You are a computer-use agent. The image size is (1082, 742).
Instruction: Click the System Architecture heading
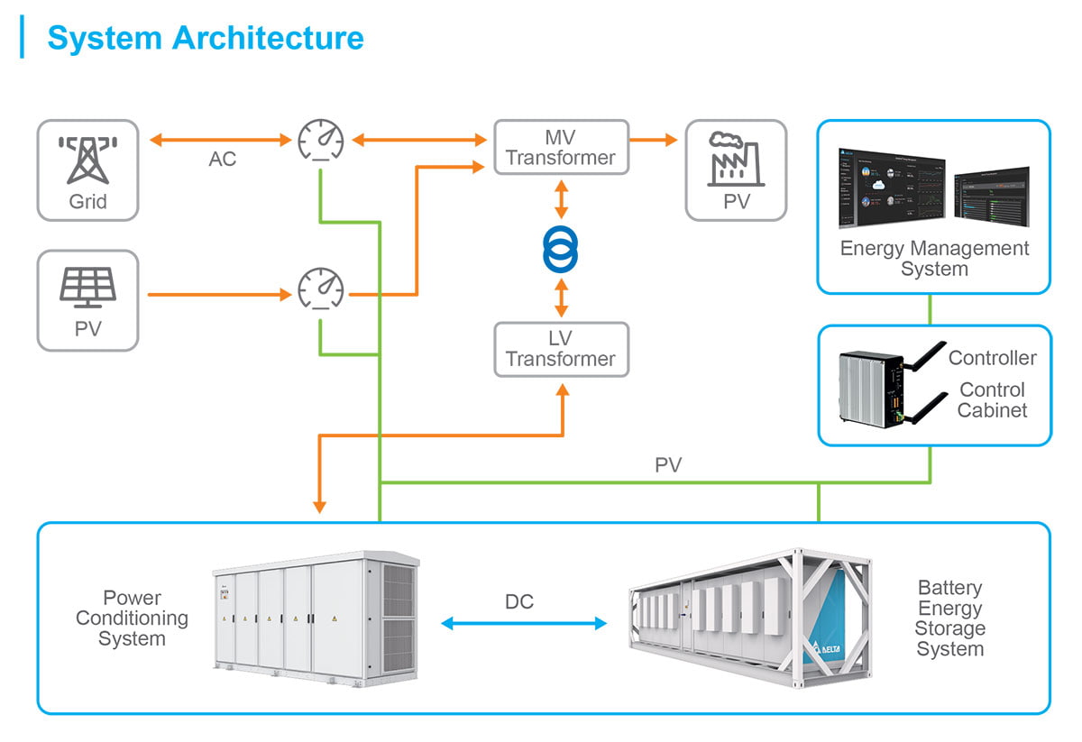[x=206, y=38]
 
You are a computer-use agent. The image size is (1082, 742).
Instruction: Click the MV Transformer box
[x=561, y=147]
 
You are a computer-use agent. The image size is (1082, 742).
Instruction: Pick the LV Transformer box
[x=561, y=349]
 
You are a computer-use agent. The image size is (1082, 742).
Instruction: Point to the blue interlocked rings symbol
[x=561, y=248]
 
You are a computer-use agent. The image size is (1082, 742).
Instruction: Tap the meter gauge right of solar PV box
[x=321, y=289]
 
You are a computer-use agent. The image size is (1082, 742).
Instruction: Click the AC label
[x=223, y=160]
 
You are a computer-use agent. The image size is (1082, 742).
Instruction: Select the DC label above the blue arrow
[x=519, y=601]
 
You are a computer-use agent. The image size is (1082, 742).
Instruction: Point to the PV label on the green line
[x=668, y=466]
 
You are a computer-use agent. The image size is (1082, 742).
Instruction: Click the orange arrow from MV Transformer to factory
[x=653, y=140]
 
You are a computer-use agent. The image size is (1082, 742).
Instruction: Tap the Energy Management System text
[x=934, y=258]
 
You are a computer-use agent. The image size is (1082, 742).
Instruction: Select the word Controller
[x=992, y=358]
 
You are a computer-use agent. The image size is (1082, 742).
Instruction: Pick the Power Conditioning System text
[x=132, y=618]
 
